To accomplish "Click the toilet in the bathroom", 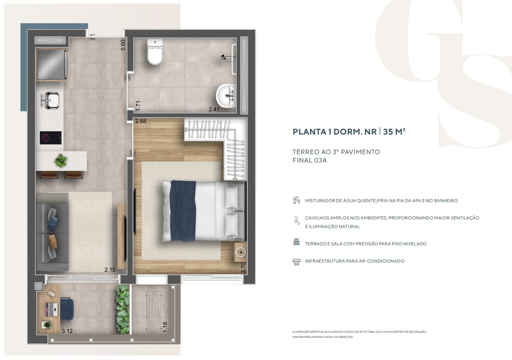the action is click(155, 52).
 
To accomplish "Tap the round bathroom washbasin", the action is click(226, 96).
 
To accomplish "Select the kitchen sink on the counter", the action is click(51, 100).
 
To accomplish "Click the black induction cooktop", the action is click(51, 138).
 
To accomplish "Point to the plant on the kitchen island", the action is click(61, 160).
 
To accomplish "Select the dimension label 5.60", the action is click(123, 45).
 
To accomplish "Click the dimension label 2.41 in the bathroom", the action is click(214, 109).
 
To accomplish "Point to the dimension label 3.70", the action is click(243, 268).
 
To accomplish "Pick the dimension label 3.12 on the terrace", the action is click(67, 331).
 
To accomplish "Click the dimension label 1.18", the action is click(165, 327).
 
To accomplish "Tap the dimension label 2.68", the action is click(141, 121).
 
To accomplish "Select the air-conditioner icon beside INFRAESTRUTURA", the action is click(296, 262).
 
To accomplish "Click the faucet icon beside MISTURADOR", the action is click(296, 200).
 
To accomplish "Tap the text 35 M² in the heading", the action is click(394, 132).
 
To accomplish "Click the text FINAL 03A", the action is click(310, 160).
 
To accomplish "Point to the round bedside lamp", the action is click(241, 252).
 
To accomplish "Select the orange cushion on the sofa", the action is click(53, 242).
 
